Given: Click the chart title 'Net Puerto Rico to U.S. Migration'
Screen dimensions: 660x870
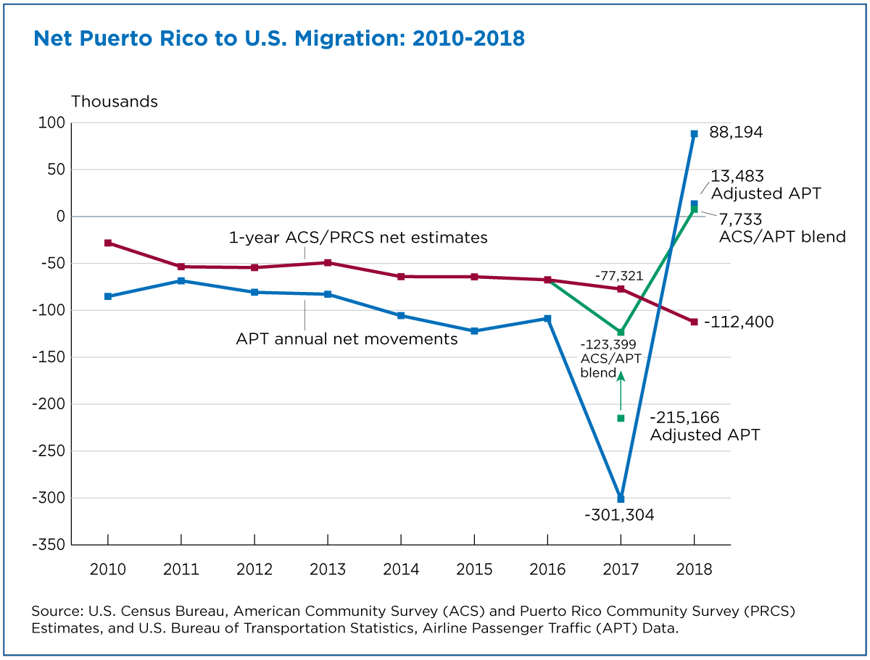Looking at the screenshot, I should (278, 38).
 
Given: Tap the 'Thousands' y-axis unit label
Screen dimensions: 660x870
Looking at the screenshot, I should (114, 101).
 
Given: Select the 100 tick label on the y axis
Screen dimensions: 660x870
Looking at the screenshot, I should (52, 123).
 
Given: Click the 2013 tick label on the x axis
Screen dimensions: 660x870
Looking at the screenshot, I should (328, 569).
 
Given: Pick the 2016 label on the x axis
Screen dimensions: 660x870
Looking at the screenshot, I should (547, 569).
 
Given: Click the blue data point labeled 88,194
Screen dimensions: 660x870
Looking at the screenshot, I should (694, 134).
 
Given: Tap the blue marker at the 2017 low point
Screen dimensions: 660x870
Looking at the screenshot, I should (621, 498).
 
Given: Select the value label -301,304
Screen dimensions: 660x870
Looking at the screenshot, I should (620, 516).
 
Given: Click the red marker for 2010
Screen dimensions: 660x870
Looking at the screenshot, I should (108, 243).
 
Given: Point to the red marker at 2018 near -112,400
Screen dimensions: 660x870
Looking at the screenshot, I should (694, 322).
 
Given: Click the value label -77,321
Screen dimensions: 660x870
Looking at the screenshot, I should (619, 276).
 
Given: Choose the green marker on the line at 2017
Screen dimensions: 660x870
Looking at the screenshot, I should (621, 332).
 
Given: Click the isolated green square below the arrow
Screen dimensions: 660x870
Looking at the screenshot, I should (621, 418).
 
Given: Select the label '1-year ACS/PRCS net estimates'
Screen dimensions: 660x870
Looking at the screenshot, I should (358, 238).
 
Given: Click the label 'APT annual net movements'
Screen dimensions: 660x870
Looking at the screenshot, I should (347, 338).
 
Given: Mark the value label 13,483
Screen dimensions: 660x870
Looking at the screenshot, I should (737, 177).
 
